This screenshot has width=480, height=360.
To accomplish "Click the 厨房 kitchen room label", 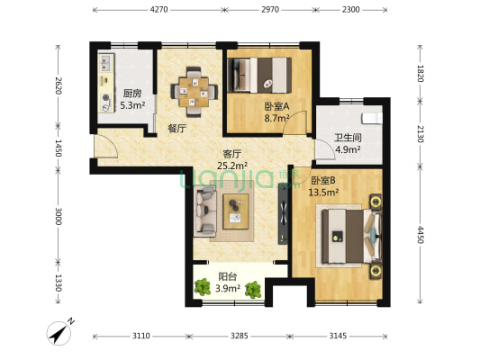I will (x=132, y=97).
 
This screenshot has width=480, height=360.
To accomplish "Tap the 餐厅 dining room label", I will (x=177, y=129).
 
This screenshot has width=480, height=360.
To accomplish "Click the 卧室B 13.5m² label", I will (x=323, y=186).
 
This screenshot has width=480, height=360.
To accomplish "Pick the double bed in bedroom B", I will (x=348, y=235).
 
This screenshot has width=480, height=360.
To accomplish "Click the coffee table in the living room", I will (x=237, y=209).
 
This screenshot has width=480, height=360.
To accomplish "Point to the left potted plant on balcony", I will (x=202, y=289).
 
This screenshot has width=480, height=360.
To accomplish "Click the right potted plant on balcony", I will (x=255, y=289).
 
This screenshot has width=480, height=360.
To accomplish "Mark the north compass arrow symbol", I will (x=60, y=334).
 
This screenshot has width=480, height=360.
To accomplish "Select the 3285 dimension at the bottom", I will (x=238, y=336).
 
